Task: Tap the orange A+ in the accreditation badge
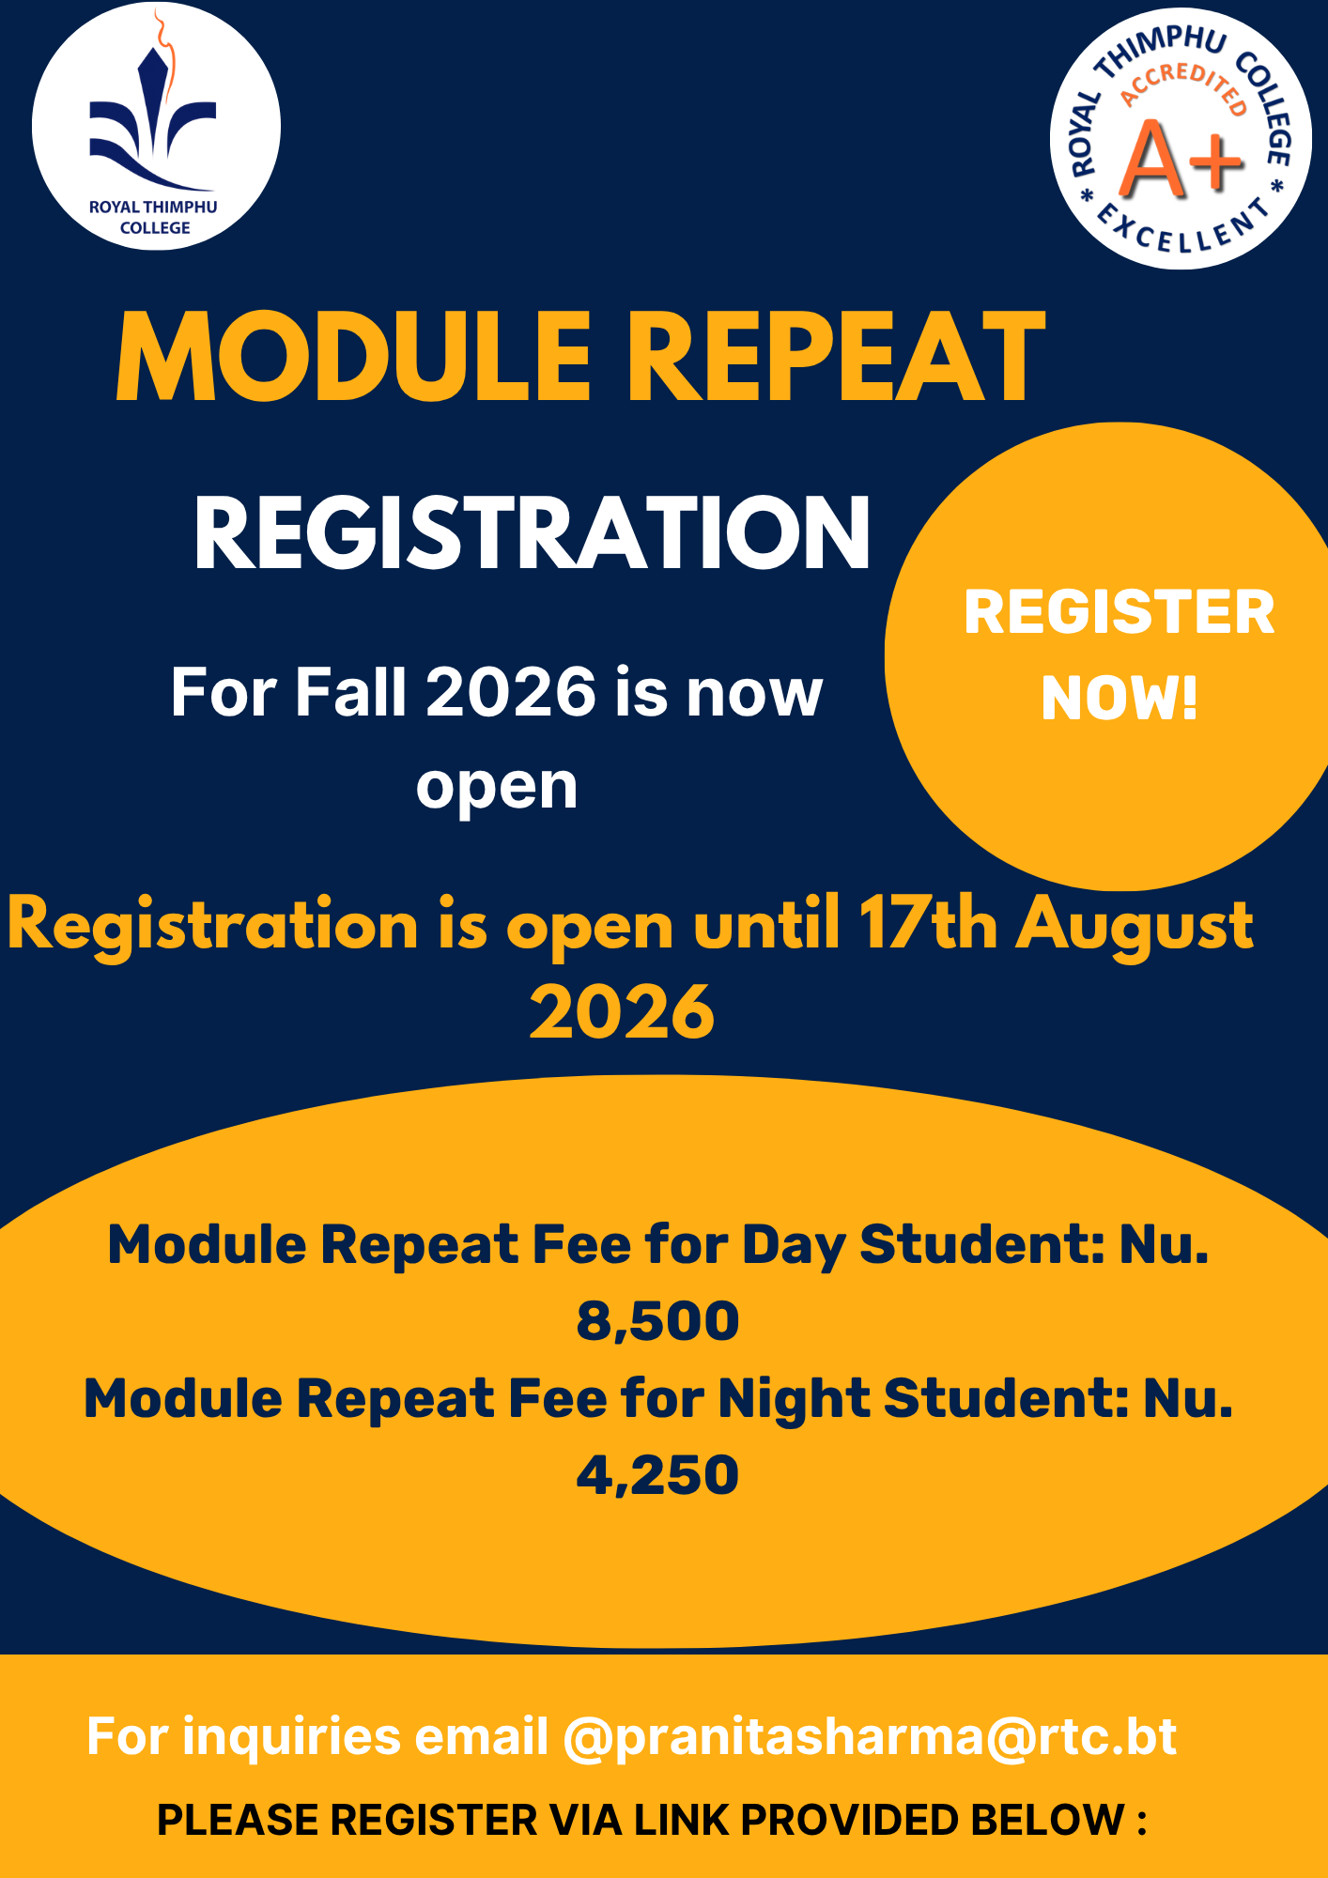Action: (1182, 160)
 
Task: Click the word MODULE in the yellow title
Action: (354, 358)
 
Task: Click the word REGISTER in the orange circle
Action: (1120, 612)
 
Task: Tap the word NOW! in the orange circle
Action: (1120, 699)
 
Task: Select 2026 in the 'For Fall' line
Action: (511, 693)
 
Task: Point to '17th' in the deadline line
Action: (928, 924)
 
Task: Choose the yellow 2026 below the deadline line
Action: (622, 1012)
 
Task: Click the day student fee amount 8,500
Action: (657, 1321)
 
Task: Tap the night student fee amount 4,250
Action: (657, 1475)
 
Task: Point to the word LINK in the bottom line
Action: (683, 1820)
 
